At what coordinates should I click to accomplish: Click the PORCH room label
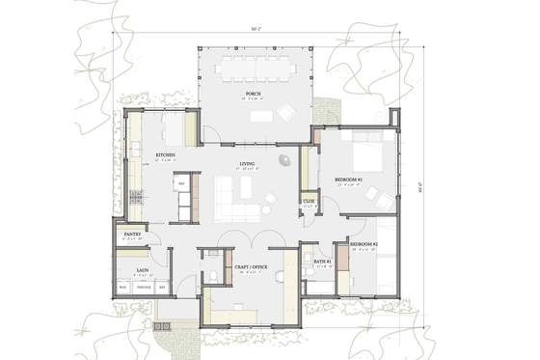tap(254, 94)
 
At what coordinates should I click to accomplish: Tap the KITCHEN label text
tap(165, 155)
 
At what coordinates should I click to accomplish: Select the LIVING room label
tap(248, 164)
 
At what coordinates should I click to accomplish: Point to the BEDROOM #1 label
tap(348, 180)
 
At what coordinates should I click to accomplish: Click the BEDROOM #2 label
tap(363, 245)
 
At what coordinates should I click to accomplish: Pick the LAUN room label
tap(139, 271)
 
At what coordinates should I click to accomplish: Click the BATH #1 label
tap(322, 262)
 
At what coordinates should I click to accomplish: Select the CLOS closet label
tap(309, 201)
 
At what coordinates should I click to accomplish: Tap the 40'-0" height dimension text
tap(435, 190)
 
